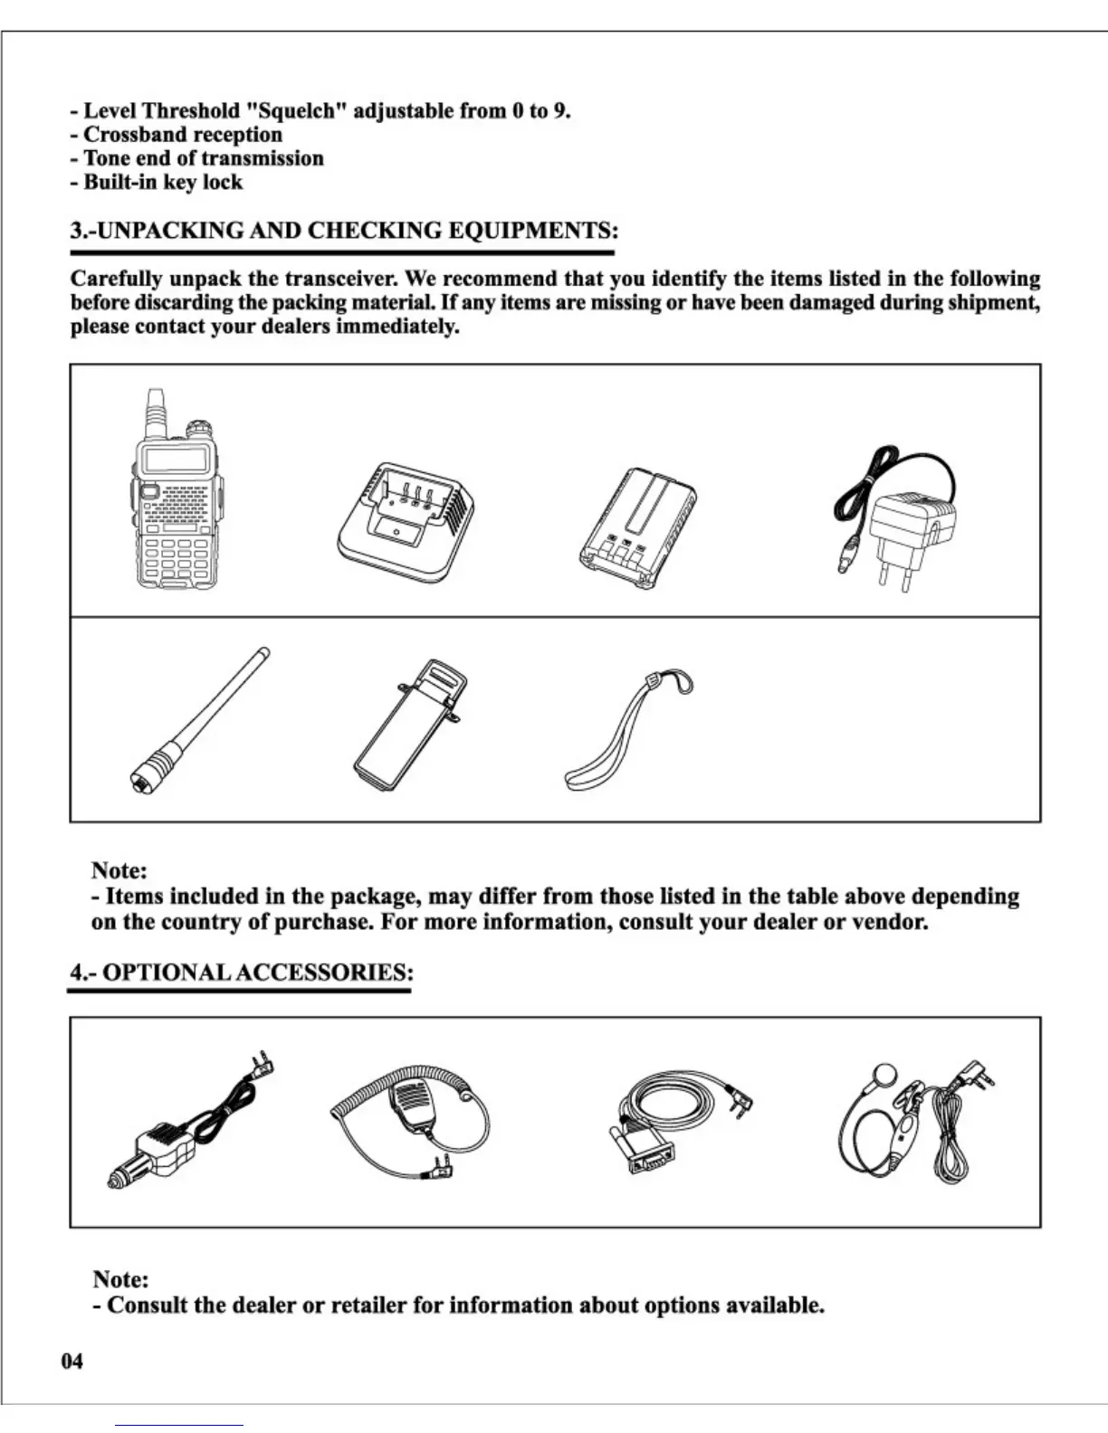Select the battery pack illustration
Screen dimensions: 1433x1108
click(x=638, y=530)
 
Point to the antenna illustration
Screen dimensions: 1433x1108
click(x=200, y=720)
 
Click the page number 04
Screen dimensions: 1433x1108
click(x=72, y=1361)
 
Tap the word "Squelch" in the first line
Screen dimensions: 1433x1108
click(x=297, y=111)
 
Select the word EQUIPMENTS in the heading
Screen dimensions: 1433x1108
click(x=533, y=230)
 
